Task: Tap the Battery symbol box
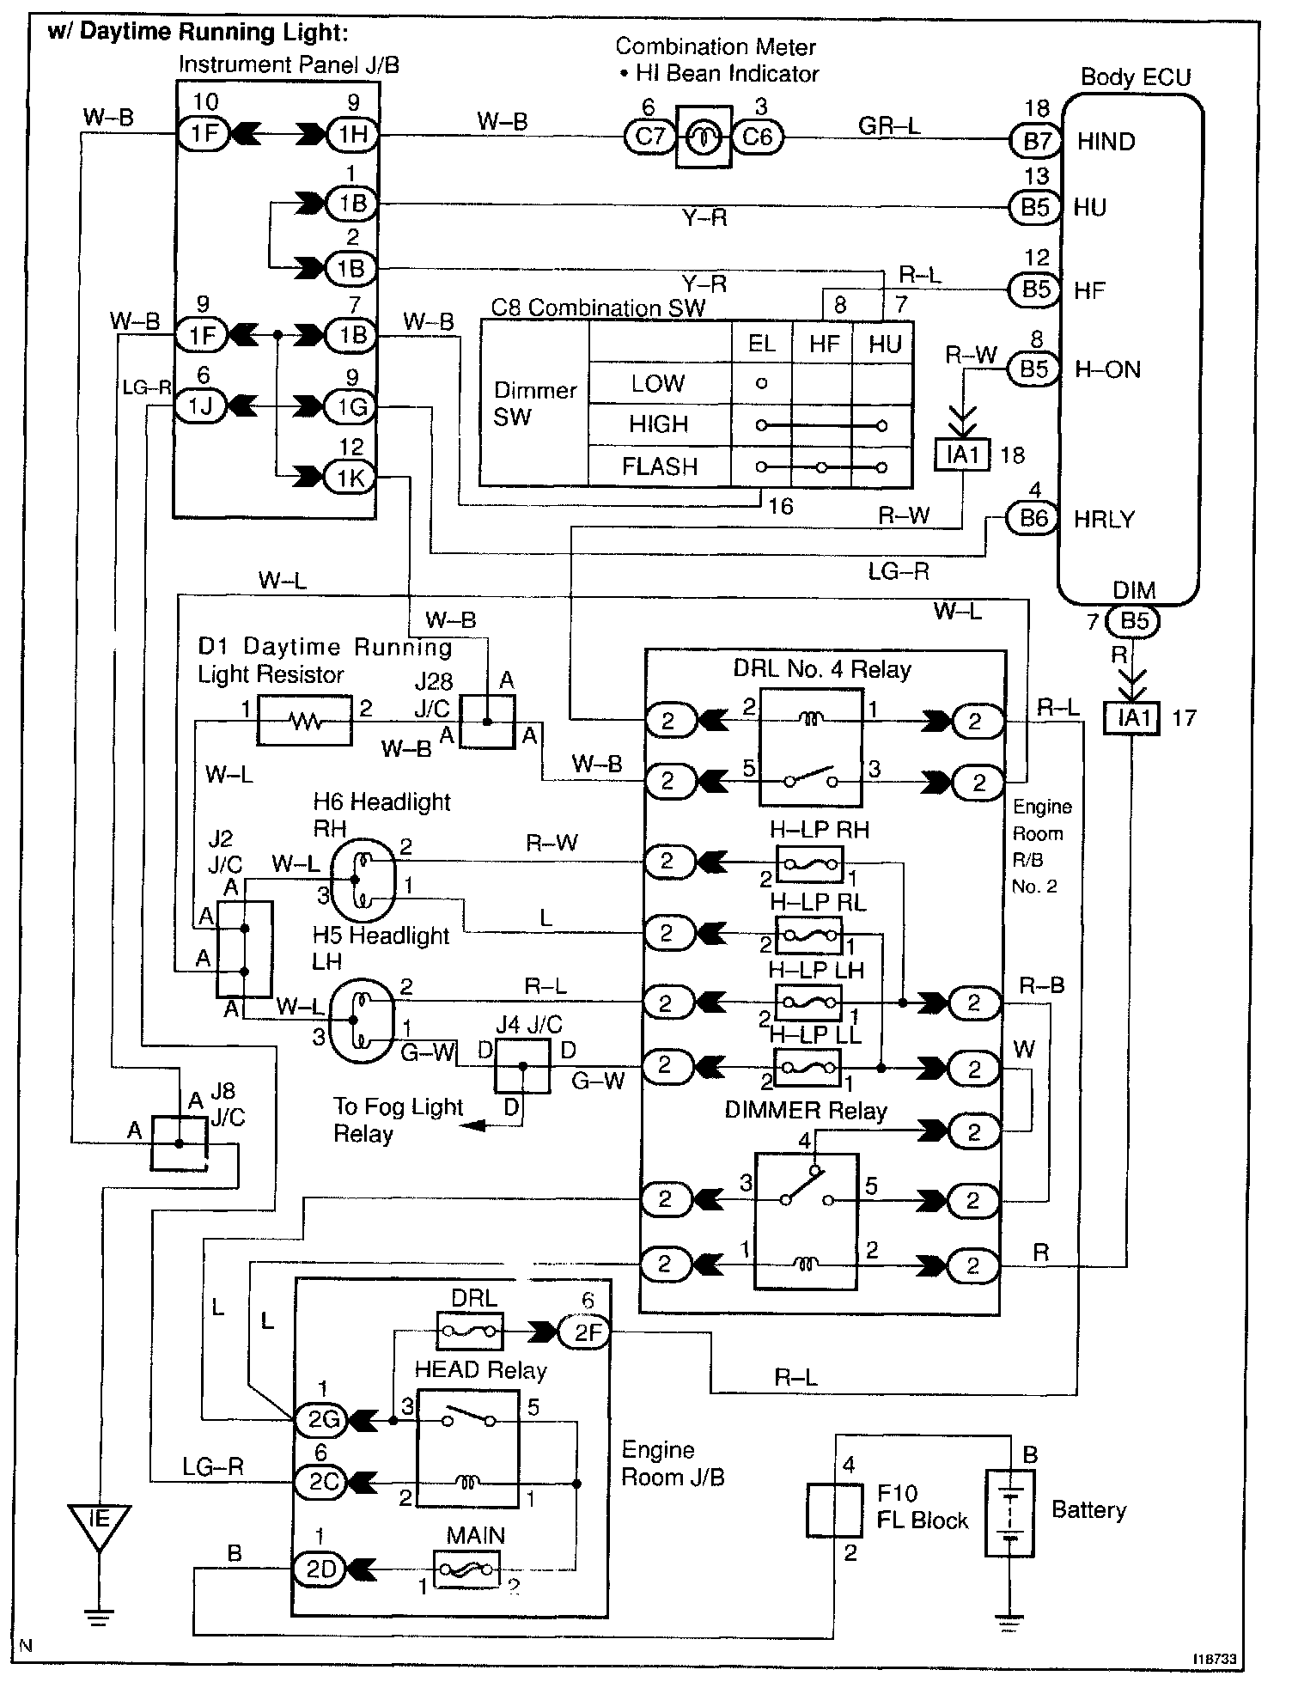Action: (x=1009, y=1512)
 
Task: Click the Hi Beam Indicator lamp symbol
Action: (x=704, y=137)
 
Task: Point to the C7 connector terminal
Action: (x=650, y=137)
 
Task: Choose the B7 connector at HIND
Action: (x=1037, y=140)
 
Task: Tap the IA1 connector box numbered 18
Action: (x=962, y=454)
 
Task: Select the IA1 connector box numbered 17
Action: (x=1133, y=717)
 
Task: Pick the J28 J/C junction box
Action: (x=487, y=722)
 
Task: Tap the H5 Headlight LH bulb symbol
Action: (x=363, y=1021)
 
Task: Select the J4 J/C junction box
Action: (x=522, y=1066)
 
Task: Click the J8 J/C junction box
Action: (x=180, y=1143)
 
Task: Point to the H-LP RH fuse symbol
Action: (x=809, y=863)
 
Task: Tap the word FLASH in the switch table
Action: (x=660, y=466)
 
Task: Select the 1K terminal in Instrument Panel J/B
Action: (x=350, y=478)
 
